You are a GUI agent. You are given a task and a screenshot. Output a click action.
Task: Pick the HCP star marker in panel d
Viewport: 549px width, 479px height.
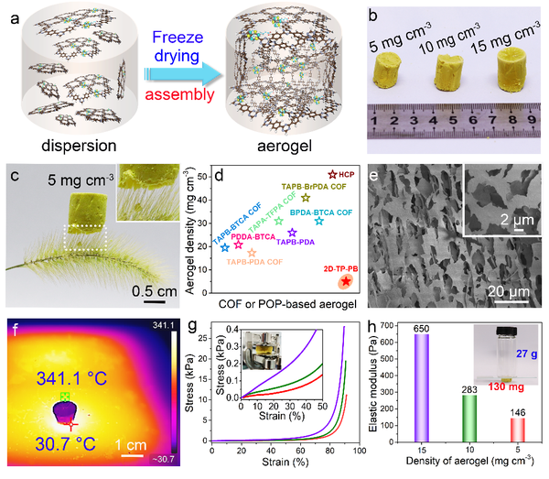[x=332, y=174]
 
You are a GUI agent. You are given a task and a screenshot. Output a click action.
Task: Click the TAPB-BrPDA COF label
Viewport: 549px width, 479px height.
[x=311, y=185]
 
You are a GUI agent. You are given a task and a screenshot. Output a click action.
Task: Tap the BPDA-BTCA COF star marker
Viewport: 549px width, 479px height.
[x=318, y=221]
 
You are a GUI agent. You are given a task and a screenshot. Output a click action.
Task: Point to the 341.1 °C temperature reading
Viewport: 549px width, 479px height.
[x=62, y=375]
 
